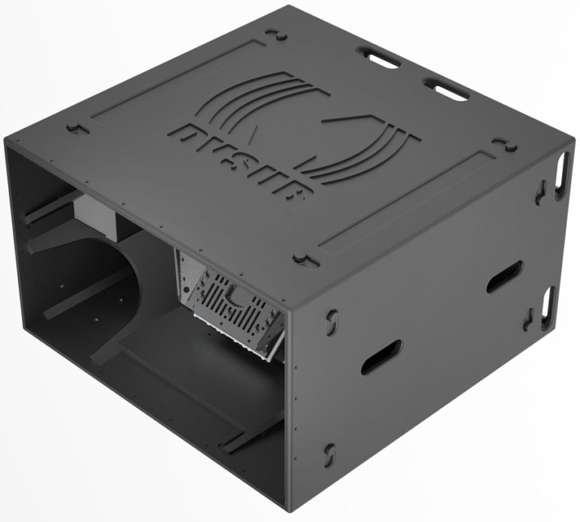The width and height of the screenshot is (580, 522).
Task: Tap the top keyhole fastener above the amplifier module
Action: point(299,258)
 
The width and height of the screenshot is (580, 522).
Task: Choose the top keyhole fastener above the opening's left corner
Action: point(73,128)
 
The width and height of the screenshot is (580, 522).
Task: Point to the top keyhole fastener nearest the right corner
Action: point(500,143)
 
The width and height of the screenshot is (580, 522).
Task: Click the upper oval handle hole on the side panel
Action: point(504,277)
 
